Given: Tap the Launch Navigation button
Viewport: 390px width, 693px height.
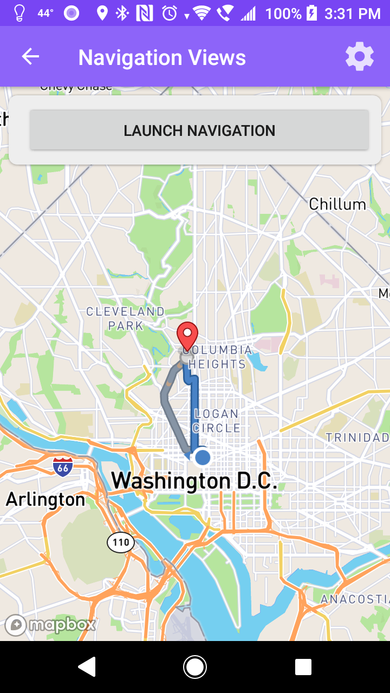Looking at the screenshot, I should tap(199, 130).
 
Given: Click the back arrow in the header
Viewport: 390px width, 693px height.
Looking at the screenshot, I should tap(30, 57).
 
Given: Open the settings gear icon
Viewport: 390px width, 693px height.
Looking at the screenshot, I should tap(360, 57).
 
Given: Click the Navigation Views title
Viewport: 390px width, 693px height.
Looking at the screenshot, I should tap(162, 57).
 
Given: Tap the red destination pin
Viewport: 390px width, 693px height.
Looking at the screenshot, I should tap(187, 335).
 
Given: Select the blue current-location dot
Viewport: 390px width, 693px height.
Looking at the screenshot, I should tap(203, 457).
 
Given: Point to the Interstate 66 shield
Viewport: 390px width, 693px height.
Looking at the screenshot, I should tap(63, 466).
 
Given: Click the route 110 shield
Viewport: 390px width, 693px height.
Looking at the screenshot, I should tap(121, 542).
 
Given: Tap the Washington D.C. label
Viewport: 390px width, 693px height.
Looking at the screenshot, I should tap(194, 481).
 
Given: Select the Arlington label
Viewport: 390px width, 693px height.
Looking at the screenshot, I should tap(45, 499).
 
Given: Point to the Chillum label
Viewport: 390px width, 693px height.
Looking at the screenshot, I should tap(337, 204).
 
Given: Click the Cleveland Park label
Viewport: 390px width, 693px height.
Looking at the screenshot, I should tap(125, 318).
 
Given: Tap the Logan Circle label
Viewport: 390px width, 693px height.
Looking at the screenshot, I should tap(217, 421).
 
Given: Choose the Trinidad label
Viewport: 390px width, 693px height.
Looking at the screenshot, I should tap(357, 437).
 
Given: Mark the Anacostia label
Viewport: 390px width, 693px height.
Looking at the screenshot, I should tap(354, 599).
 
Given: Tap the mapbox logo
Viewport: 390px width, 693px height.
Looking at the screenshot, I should tap(50, 625).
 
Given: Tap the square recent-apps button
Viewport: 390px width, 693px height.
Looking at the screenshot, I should tap(303, 667).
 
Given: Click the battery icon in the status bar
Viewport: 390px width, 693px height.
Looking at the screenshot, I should tap(312, 13).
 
